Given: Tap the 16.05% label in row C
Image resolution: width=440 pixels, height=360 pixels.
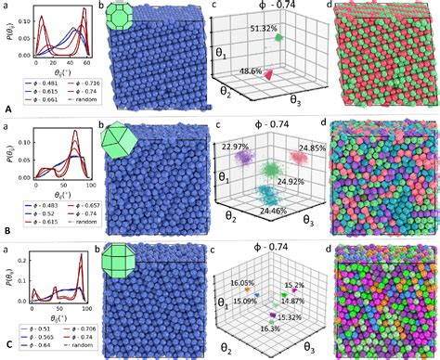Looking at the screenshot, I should (x=243, y=283).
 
